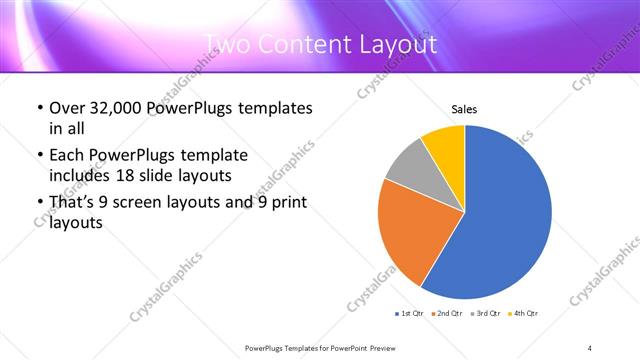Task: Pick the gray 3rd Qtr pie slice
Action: point(407,166)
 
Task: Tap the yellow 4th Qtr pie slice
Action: point(443,146)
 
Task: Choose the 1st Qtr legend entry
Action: point(411,314)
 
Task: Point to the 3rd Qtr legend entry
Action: point(487,314)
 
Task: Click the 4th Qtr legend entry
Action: point(524,314)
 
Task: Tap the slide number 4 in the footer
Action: point(590,347)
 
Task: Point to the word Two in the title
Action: point(229,45)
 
